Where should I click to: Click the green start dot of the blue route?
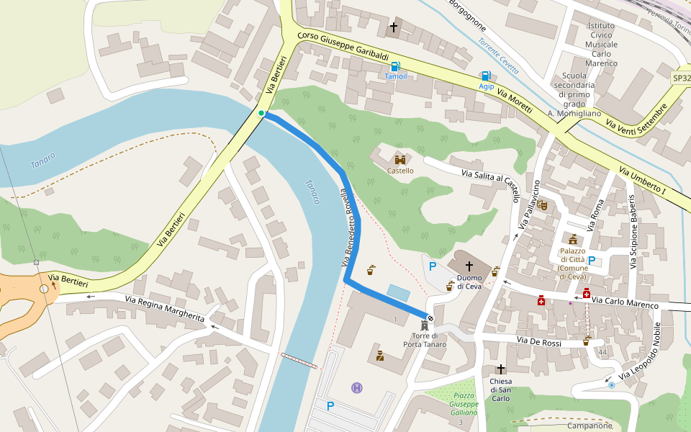[261, 113]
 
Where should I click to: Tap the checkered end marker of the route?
[430, 318]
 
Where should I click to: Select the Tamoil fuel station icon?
[394, 66]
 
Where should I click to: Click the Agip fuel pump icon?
[486, 76]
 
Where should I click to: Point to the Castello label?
[400, 171]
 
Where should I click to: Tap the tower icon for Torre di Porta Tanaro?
[424, 326]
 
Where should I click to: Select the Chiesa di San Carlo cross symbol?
[500, 369]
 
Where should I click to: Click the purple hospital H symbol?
[356, 388]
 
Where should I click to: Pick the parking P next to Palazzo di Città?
[592, 261]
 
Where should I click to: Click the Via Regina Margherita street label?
[165, 309]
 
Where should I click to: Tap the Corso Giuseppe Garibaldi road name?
[343, 47]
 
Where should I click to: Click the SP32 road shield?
[681, 78]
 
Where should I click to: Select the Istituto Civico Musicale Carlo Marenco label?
[592, 44]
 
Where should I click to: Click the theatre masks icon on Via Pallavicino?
[542, 205]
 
